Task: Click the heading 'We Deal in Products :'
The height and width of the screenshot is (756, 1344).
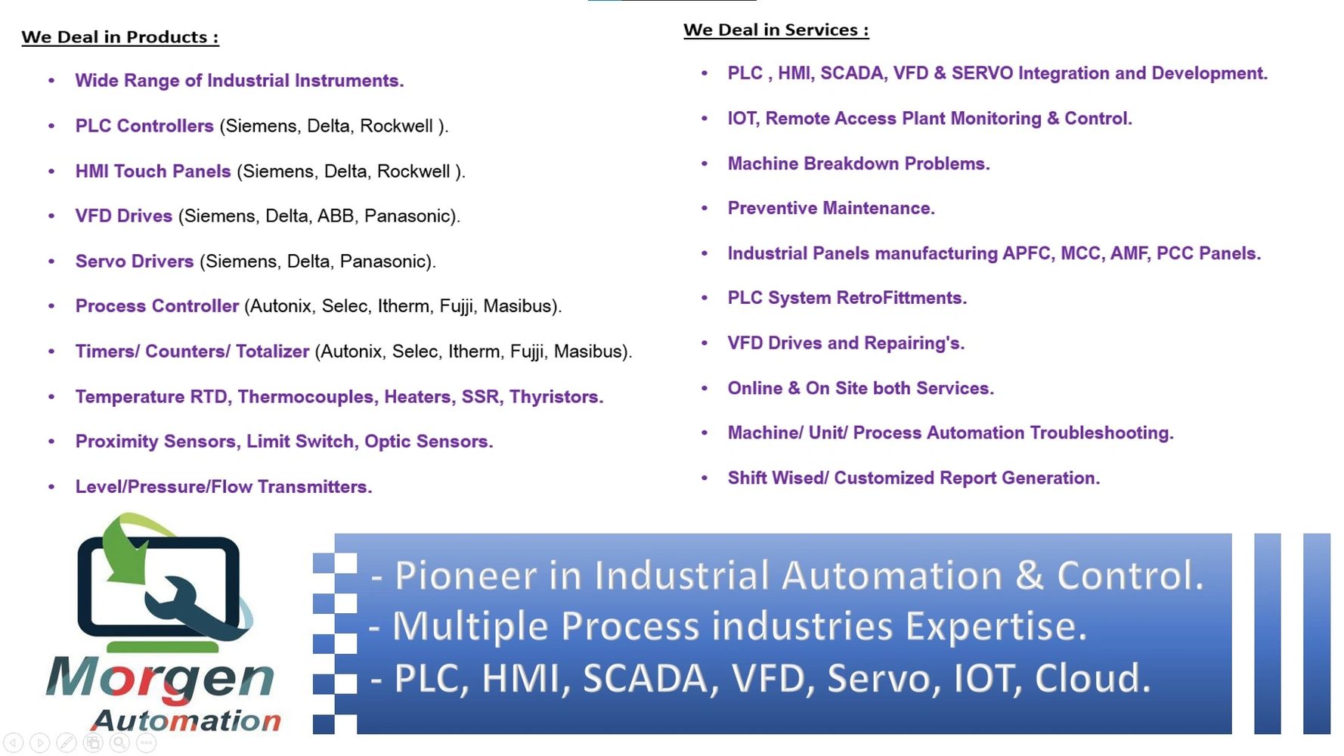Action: (x=120, y=37)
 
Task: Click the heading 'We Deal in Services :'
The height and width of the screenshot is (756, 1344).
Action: (x=776, y=30)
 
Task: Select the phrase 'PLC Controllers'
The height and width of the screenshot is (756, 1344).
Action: (x=144, y=125)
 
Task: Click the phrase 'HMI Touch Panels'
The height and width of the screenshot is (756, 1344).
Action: (x=153, y=171)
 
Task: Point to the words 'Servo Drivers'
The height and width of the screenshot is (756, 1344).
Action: (x=135, y=261)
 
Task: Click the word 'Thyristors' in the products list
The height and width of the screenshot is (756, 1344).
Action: (x=554, y=396)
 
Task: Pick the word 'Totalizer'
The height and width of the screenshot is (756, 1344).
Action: (x=272, y=352)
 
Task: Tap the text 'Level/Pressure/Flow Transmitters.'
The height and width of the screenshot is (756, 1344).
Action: (x=224, y=487)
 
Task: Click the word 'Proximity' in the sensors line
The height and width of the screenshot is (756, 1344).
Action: (x=116, y=442)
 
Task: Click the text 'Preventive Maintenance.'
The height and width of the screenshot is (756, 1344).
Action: (x=831, y=208)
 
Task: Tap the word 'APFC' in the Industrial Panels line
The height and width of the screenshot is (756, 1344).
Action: (x=1029, y=253)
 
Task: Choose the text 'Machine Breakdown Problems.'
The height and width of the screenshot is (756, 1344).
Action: (x=859, y=163)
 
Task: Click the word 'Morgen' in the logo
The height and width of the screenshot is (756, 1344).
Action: (x=160, y=678)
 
